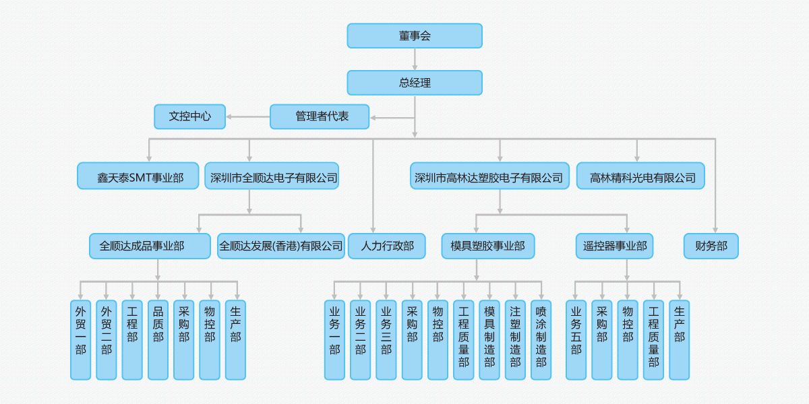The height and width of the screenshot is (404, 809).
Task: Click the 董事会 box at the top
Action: pyautogui.click(x=415, y=36)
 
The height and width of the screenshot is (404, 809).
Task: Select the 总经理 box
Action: pyautogui.click(x=415, y=83)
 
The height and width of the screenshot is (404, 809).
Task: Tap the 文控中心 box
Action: pyautogui.click(x=189, y=116)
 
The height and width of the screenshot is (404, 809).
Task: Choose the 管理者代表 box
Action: pyautogui.click(x=320, y=116)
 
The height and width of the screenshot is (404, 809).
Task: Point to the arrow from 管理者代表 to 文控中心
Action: pyautogui.click(x=247, y=117)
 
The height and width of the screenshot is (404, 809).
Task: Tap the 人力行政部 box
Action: pyautogui.click(x=387, y=246)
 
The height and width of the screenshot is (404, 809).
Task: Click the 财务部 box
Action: pyautogui.click(x=711, y=246)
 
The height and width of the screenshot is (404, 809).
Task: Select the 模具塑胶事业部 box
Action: pyautogui.click(x=488, y=246)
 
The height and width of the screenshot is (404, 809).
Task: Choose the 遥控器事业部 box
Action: pyautogui.click(x=614, y=246)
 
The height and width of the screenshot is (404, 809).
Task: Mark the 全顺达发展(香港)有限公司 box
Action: pyautogui.click(x=281, y=246)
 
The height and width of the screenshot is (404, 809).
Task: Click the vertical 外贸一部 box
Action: pyautogui.click(x=81, y=339)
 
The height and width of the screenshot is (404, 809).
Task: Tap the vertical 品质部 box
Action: pyautogui.click(x=158, y=339)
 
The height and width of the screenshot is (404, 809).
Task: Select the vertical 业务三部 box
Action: pyautogui.click(x=386, y=339)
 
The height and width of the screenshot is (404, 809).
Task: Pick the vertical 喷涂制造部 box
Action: pyautogui.click(x=541, y=339)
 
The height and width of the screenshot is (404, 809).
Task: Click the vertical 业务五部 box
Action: pyautogui.click(x=576, y=339)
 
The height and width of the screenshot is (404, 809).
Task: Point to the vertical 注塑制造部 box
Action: pyautogui.click(x=515, y=339)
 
